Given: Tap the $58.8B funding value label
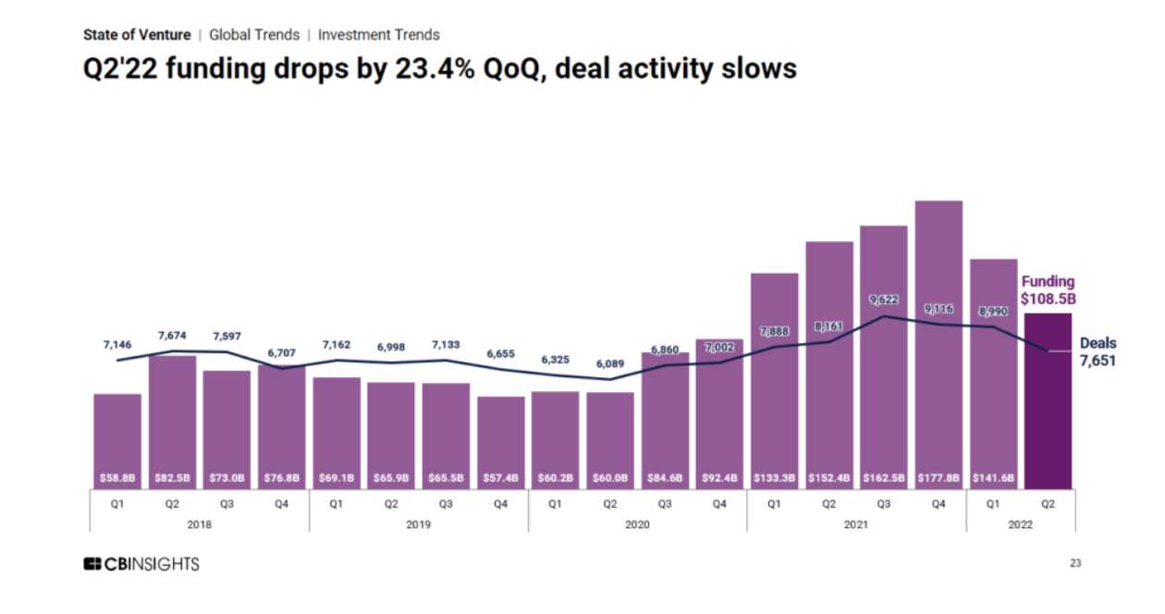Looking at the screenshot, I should [117, 479].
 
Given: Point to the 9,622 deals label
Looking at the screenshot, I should [884, 301].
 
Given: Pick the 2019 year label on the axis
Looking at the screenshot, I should [418, 524].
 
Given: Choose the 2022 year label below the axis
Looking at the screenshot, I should [1021, 524].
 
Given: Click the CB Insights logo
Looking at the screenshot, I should [141, 564].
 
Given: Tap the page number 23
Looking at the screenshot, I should [1075, 563].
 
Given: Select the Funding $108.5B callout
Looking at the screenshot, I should [1048, 290].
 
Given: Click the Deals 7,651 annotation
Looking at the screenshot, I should [1098, 352].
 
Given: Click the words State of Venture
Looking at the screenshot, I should [137, 35].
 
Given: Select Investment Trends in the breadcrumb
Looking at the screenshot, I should [379, 35].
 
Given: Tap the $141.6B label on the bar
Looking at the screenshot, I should [993, 479].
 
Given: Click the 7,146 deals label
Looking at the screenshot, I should [117, 345].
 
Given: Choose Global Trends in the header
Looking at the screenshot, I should [254, 35].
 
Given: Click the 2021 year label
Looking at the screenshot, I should [856, 524].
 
